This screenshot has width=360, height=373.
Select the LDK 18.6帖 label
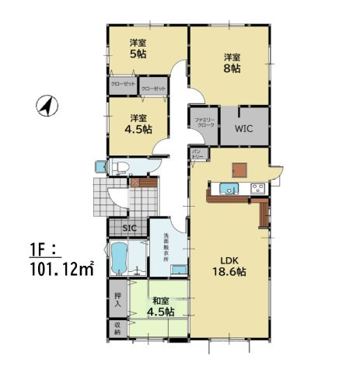[x=231, y=267]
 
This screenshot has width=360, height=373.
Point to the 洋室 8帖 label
[x=232, y=63]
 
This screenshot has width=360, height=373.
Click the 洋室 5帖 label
[x=138, y=49]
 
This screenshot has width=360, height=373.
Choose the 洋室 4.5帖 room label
[x=139, y=124]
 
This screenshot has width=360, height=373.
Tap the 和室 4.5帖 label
[x=161, y=305]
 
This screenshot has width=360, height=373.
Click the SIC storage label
[x=128, y=228]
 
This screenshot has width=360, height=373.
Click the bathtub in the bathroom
[x=119, y=258]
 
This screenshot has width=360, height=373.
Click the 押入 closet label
[x=117, y=298]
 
